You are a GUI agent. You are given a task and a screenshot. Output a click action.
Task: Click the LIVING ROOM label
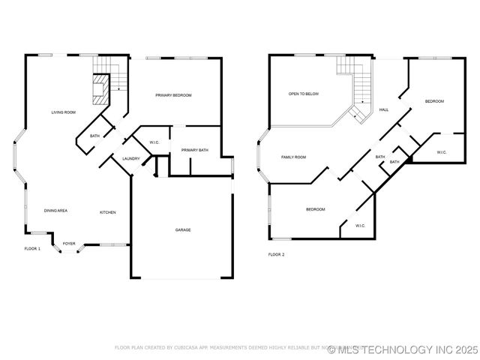64,112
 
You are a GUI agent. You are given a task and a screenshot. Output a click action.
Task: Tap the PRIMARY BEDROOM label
173,95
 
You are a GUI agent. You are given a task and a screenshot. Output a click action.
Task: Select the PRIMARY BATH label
194,151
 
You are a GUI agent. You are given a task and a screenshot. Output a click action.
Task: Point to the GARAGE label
183,230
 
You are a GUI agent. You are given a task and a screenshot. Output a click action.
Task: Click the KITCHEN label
108,213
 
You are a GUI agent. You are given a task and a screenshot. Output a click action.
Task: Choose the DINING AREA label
56,211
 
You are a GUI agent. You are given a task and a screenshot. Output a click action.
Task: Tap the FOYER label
69,244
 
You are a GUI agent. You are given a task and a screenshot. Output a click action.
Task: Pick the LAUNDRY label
131,158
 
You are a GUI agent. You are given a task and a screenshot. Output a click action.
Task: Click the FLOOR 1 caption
32,248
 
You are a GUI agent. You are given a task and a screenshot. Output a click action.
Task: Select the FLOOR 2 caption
277,255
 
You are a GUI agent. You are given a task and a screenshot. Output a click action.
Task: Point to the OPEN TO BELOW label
304,94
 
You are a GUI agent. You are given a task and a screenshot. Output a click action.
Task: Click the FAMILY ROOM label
293,157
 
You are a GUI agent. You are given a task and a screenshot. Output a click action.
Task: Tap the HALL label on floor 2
383,109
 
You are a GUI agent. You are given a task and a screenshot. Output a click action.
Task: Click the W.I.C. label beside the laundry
154,142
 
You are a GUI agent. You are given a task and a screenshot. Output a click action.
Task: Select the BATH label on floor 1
95,136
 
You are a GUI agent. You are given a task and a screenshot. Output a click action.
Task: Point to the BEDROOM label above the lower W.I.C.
316,209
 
